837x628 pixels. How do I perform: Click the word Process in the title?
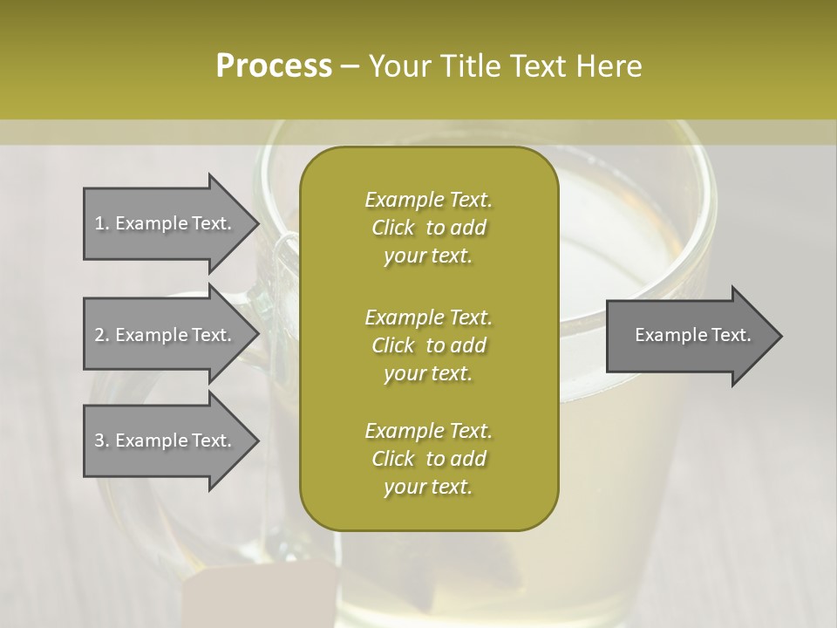(x=274, y=66)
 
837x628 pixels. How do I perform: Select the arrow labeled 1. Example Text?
(x=166, y=223)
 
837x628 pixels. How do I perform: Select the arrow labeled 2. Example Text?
(x=166, y=335)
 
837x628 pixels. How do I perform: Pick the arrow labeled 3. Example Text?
(x=166, y=440)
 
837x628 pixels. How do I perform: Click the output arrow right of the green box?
(x=689, y=336)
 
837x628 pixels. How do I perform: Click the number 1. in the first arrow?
(x=102, y=223)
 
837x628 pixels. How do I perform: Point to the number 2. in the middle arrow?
(x=102, y=335)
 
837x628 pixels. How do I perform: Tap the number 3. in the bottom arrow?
(x=102, y=440)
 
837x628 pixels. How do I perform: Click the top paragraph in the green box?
(x=428, y=228)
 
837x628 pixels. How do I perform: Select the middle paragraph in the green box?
(x=428, y=345)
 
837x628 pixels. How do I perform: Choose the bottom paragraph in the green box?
(x=428, y=459)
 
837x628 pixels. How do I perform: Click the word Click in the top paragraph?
(x=393, y=229)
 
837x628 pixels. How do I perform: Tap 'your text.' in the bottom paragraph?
(x=428, y=488)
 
